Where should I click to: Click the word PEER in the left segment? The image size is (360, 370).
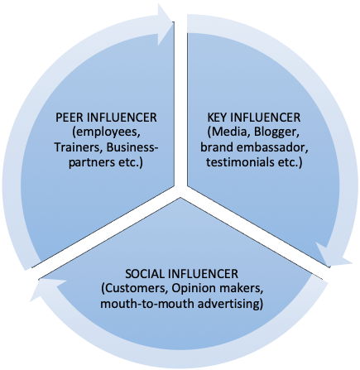(x=70, y=118)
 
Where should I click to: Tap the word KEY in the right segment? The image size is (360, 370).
(x=218, y=118)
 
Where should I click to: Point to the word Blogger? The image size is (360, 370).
(x=276, y=132)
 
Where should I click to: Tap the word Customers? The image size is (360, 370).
(x=136, y=289)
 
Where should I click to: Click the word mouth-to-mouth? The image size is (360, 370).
(x=147, y=304)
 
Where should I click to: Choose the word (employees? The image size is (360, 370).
(x=106, y=132)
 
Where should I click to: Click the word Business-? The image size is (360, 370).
(x=132, y=147)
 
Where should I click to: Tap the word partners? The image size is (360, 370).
(x=90, y=163)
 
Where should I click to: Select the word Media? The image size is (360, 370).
(x=229, y=132)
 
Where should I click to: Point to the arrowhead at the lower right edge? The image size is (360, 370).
(x=333, y=256)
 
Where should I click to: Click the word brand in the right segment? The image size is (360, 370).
(x=217, y=147)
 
